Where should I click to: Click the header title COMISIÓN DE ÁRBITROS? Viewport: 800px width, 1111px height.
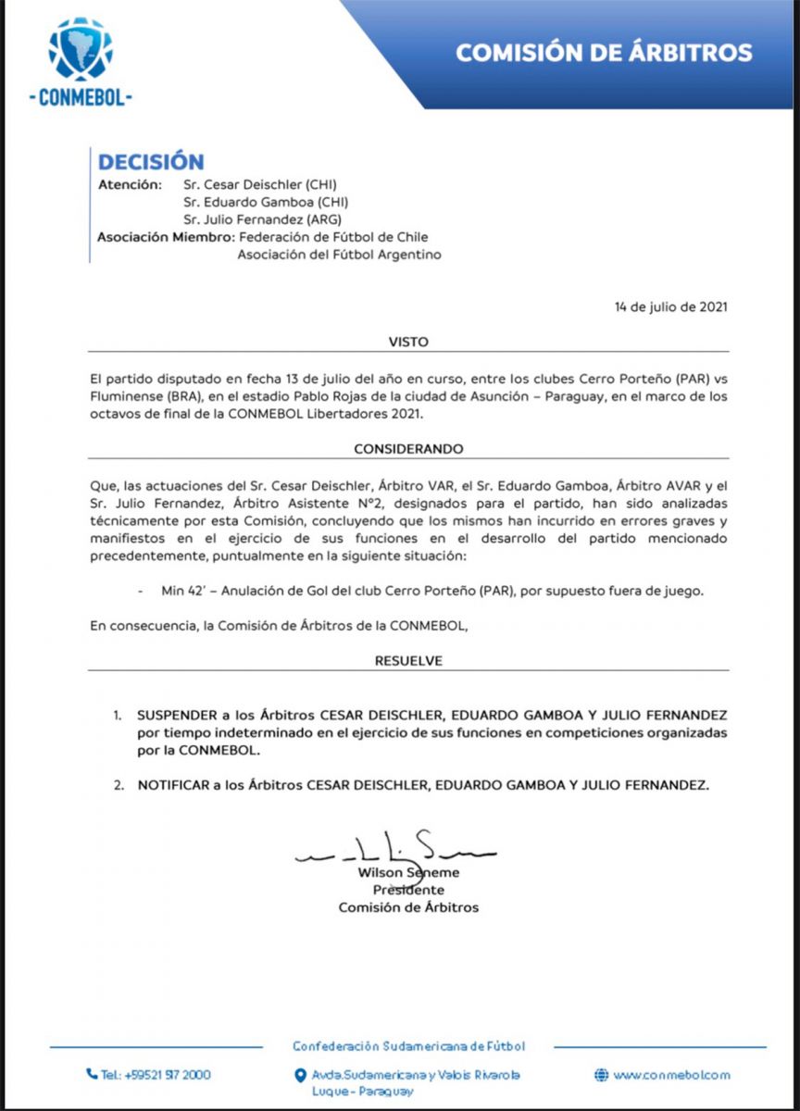pos(604,52)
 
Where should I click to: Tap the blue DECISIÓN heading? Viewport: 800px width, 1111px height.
pos(151,162)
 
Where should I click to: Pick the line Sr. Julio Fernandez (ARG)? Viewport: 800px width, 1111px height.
pos(262,219)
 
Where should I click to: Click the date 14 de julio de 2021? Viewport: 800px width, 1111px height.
pos(671,306)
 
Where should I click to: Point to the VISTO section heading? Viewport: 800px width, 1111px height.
pos(408,342)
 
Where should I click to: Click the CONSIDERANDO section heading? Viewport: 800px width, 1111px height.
pos(408,449)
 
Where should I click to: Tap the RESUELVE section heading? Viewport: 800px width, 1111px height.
pos(408,661)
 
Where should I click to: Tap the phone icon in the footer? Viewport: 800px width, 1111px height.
pos(92,1074)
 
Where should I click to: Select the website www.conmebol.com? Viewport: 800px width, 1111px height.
pos(671,1075)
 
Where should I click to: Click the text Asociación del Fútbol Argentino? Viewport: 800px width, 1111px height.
pos(340,255)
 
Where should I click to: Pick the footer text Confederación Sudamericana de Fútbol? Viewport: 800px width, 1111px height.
pos(408,1046)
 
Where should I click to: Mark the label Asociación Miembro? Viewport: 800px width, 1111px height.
pos(165,237)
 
